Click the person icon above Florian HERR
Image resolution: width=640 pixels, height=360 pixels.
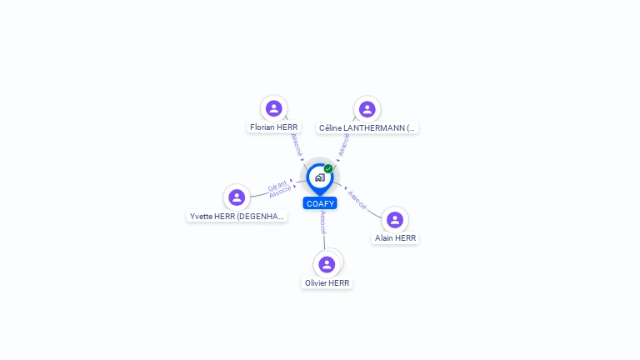(274, 108)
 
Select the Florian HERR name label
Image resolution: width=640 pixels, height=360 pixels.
(273, 127)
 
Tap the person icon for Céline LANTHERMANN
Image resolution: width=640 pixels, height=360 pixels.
(367, 109)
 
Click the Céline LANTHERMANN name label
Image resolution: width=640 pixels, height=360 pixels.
(367, 128)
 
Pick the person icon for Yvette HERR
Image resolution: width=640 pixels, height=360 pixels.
(237, 197)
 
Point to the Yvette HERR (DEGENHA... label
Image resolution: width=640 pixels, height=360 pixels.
(237, 216)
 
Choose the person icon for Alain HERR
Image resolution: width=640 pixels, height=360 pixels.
(395, 219)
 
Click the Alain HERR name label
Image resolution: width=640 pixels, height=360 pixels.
(395, 237)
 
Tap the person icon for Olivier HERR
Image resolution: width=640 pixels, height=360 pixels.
(327, 264)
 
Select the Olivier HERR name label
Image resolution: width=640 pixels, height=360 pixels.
(327, 282)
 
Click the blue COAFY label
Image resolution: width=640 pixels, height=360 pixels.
(320, 203)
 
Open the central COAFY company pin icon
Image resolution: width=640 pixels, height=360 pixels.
(319, 177)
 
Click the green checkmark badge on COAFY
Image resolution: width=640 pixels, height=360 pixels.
(328, 168)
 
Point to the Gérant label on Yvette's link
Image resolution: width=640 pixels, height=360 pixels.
(277, 184)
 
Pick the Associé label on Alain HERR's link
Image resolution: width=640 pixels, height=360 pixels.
(357, 200)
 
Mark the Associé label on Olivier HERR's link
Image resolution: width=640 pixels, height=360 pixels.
(323, 222)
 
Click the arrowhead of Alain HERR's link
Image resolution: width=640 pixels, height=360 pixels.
(344, 188)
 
